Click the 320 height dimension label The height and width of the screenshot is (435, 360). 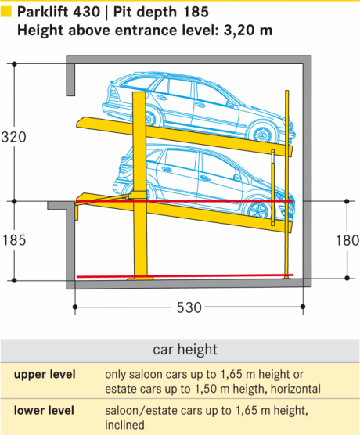coord(13,137)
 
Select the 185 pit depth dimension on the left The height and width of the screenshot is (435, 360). coord(14,240)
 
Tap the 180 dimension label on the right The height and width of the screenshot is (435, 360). coord(347,240)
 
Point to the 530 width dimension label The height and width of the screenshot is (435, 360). coord(189,307)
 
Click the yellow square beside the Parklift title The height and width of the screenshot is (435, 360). coord(5,12)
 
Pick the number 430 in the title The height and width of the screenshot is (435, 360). coord(86,12)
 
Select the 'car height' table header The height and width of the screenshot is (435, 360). coord(185,350)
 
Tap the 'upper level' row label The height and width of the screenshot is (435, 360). coord(45,374)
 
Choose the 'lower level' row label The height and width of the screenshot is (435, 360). coord(44,410)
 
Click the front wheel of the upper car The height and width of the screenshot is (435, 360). coord(262,134)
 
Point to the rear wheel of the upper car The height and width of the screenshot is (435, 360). coord(150,118)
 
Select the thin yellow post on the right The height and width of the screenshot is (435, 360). coord(286,184)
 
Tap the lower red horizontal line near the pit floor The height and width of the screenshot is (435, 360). coord(185,276)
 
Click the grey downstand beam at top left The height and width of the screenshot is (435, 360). coord(70,80)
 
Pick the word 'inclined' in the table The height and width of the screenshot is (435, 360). coord(124,425)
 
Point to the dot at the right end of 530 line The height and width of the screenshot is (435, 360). coord(303,307)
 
